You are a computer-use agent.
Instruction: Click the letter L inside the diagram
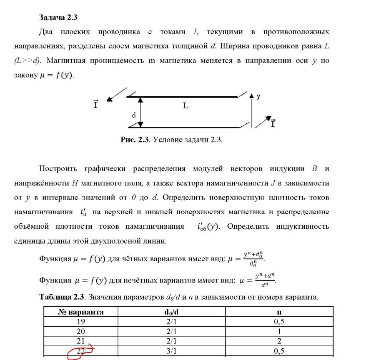coord(186,106)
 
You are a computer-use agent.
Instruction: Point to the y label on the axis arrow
coord(258,96)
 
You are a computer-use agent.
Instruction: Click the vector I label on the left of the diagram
coord(96,104)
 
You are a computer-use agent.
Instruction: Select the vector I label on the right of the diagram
coord(273,124)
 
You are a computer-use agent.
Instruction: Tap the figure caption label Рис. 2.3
coord(135,140)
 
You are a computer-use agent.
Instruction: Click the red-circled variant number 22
coord(81,351)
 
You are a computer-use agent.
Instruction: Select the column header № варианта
coord(81,312)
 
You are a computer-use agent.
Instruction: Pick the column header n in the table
coord(279,312)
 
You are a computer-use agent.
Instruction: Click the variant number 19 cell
coord(81,322)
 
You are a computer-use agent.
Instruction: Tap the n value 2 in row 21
coord(279,341)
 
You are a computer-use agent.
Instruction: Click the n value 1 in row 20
coord(279,332)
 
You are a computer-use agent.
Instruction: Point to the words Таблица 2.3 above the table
coord(62,297)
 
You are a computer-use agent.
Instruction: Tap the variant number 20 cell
coord(81,332)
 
